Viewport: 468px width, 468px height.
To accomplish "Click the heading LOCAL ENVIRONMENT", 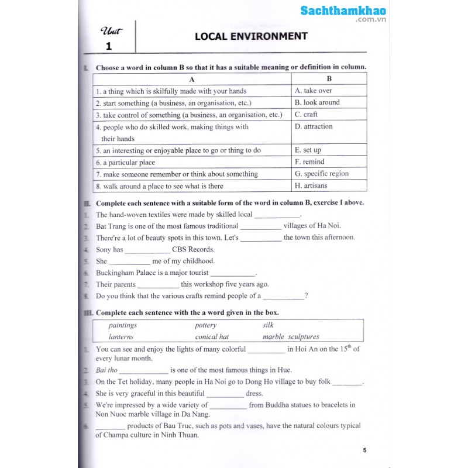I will coord(251,36).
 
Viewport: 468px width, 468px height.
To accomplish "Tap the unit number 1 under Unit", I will coord(108,46).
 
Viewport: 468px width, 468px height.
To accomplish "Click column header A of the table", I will coord(192,79).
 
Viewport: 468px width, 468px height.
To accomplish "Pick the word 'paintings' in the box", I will coord(122,325).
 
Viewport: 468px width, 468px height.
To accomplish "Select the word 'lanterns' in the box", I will coord(121,337).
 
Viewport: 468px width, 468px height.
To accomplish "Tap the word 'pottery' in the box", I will coord(205,325).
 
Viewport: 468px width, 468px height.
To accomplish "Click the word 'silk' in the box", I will coord(268,325).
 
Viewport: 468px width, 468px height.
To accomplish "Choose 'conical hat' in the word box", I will coord(212,337).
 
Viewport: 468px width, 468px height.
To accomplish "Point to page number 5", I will coord(364,450).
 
